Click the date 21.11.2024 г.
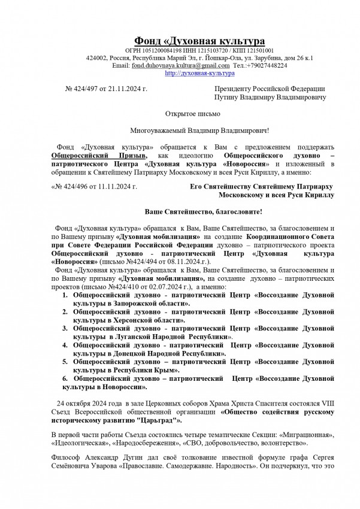[130, 89]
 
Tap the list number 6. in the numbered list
[66, 379]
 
